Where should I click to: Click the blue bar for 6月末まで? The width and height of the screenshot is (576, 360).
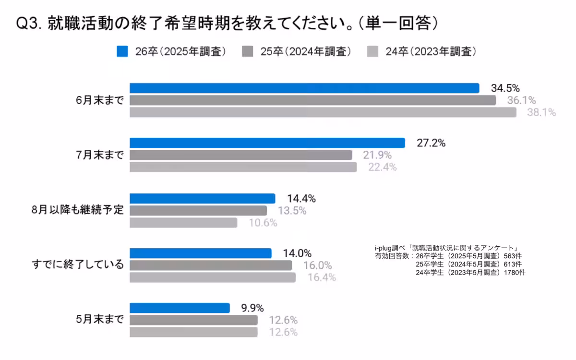coord(304,88)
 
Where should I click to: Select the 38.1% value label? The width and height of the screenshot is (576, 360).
coord(541,112)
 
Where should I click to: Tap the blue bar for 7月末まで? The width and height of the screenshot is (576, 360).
coord(267,143)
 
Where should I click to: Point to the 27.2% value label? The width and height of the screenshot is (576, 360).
coord(431,143)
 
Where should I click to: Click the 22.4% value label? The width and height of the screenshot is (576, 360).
coord(382,167)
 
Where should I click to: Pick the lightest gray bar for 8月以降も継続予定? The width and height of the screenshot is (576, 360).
coord(183,223)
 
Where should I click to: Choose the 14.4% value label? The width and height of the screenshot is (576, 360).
coord(301,198)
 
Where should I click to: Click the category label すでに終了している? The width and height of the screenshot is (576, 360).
coord(78,265)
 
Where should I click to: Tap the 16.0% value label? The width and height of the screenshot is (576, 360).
coord(317,265)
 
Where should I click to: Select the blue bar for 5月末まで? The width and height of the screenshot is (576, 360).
coord(180,308)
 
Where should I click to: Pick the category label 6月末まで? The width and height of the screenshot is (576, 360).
coord(100,100)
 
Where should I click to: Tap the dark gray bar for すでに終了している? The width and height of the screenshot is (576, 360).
coord(211,265)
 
